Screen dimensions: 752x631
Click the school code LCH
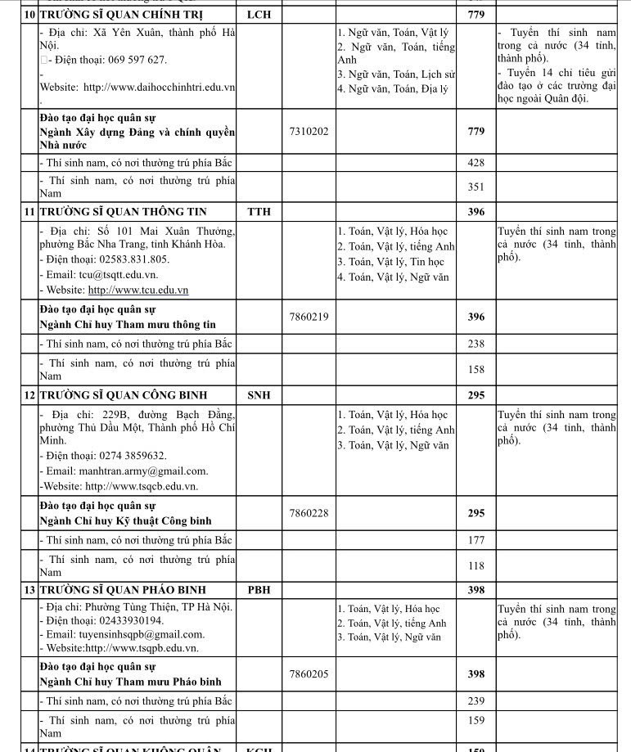pos(259,15)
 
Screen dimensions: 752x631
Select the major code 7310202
pos(309,131)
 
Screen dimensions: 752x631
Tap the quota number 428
pos(476,163)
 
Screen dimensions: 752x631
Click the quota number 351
pos(476,187)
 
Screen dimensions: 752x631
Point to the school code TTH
pos(259,212)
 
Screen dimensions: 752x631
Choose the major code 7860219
pos(309,317)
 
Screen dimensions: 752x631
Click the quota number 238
pos(476,344)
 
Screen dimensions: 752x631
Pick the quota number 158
pos(476,369)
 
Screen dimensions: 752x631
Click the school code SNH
pos(259,395)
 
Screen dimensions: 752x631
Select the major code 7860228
pos(309,513)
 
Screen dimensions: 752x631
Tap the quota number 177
pos(476,540)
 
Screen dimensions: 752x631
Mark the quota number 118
pos(476,565)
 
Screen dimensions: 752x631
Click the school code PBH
pos(259,589)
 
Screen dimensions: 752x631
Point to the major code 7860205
pos(309,674)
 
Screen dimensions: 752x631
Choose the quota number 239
pos(476,701)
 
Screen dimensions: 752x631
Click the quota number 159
pos(476,726)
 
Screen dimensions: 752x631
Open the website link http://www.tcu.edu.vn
pos(137,290)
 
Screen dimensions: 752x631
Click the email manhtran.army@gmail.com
pos(143,471)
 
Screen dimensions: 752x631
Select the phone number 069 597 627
pos(130,60)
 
